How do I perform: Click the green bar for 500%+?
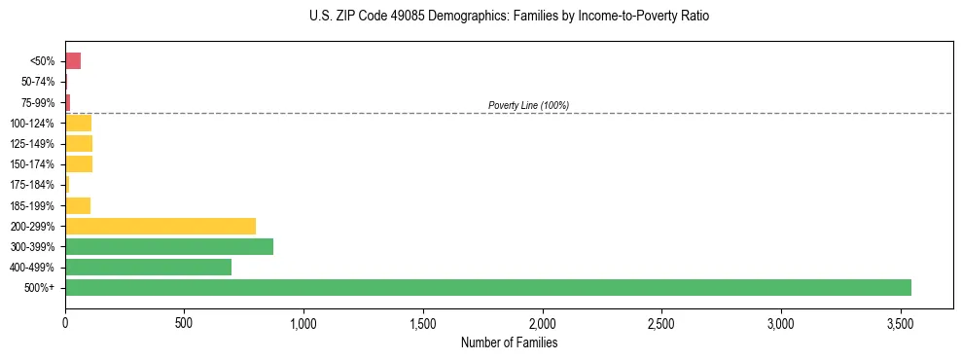pos(488,288)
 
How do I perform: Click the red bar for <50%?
pos(73,61)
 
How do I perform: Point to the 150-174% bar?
pos(79,164)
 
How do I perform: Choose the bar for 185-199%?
pos(78,205)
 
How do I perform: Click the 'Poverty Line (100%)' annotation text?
pos(528,105)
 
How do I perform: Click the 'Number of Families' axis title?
pos(509,342)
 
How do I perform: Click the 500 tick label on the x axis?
pos(184,321)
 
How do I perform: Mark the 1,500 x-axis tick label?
pos(423,321)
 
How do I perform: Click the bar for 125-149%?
pos(79,144)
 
